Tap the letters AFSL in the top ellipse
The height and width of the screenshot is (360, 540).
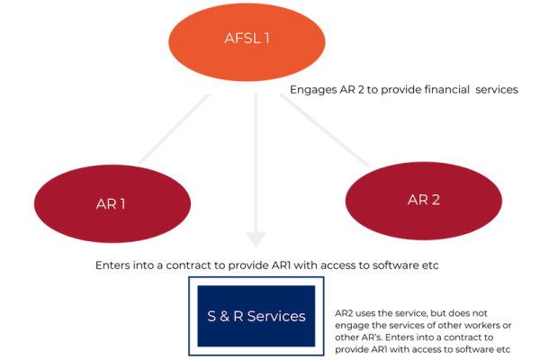pos(240,40)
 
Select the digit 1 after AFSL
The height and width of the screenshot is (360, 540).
pos(266,40)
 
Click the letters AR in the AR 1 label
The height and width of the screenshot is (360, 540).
pos(105,203)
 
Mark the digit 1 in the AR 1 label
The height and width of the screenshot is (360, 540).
pos(122,203)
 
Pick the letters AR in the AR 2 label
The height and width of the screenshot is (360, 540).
pos(417,200)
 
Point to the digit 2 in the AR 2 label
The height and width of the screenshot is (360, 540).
pos(436,200)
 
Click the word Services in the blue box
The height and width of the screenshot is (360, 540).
pos(276,316)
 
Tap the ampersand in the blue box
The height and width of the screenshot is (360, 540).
pos(220,316)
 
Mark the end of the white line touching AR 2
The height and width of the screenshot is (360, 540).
pos(367,166)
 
